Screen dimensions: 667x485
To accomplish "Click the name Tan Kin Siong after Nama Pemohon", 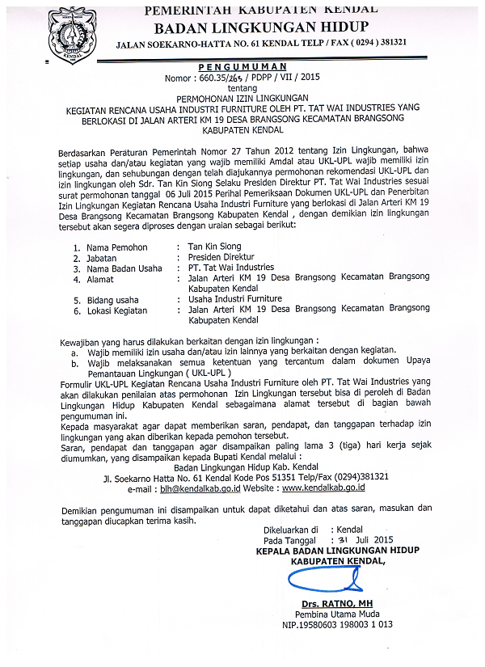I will [x=214, y=246].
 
